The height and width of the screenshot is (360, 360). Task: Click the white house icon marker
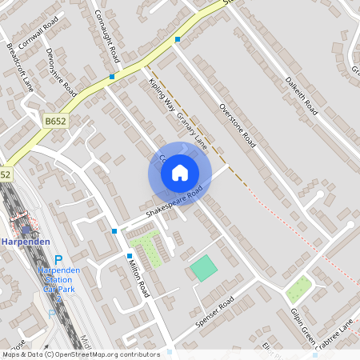point(179,172)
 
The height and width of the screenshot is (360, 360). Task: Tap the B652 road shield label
point(55,121)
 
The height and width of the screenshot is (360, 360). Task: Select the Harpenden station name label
point(26,242)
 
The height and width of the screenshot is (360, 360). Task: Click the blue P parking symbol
point(58,259)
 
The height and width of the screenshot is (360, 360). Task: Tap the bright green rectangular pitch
point(204,267)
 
